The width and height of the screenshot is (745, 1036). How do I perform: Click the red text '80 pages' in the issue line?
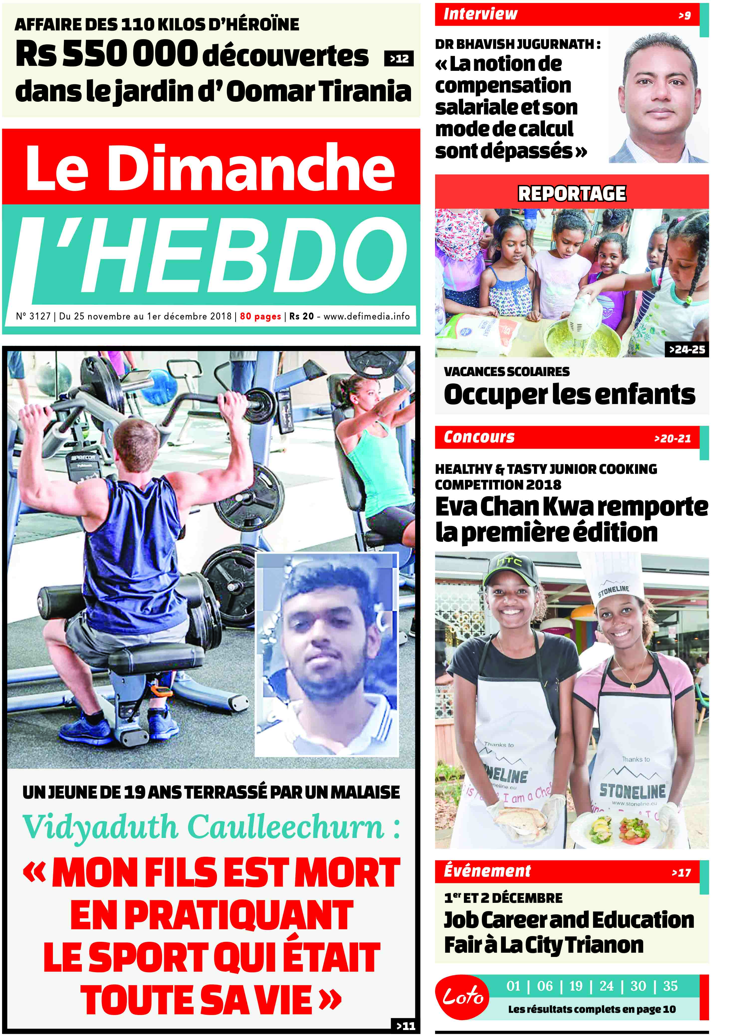[x=260, y=316]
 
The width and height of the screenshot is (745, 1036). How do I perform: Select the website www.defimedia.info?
[x=366, y=316]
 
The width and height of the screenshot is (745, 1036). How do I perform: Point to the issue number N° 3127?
[x=33, y=316]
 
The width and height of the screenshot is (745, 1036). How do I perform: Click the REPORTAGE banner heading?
[x=571, y=193]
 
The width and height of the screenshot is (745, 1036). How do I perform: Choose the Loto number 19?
[x=576, y=986]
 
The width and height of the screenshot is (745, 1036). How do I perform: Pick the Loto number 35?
[x=670, y=986]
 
